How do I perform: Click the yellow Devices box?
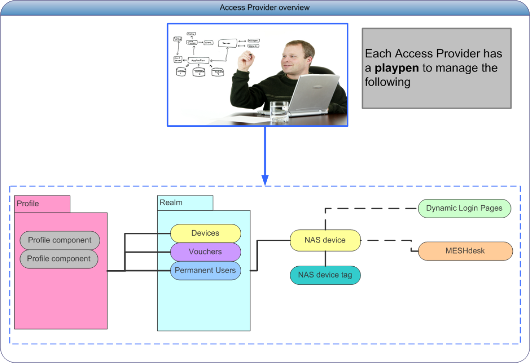click(x=205, y=233)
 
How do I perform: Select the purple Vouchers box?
click(x=205, y=252)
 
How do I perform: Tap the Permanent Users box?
click(x=205, y=270)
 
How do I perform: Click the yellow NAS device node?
click(x=325, y=240)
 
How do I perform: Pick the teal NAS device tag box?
click(x=325, y=275)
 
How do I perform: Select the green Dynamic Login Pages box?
click(x=464, y=208)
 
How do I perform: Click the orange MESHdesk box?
click(x=465, y=251)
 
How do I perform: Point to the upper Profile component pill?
click(x=60, y=240)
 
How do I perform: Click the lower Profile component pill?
click(x=59, y=259)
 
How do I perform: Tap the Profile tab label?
click(x=28, y=204)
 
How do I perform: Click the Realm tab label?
click(x=170, y=203)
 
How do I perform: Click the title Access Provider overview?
click(x=265, y=8)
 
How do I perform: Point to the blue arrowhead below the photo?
click(x=265, y=180)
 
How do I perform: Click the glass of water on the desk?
click(x=279, y=111)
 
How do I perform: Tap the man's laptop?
click(x=309, y=95)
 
